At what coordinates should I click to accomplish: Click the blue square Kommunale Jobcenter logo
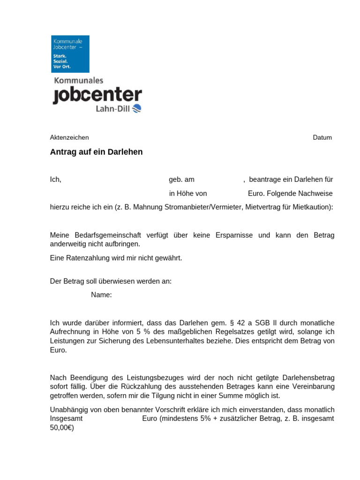click(x=70, y=54)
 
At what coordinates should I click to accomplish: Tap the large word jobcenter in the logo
click(x=97, y=95)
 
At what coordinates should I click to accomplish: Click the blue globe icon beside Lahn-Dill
click(x=137, y=109)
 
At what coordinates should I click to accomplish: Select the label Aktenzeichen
click(x=69, y=137)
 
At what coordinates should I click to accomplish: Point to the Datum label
click(x=322, y=137)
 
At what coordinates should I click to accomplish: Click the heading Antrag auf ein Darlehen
click(x=96, y=152)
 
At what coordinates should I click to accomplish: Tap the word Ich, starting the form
click(x=56, y=180)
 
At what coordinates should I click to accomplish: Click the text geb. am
click(x=181, y=180)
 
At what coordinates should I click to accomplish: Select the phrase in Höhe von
click(x=188, y=193)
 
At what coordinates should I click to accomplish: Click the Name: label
click(x=101, y=295)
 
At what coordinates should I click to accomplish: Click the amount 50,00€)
click(x=62, y=428)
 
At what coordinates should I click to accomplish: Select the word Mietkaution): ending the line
click(x=313, y=207)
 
